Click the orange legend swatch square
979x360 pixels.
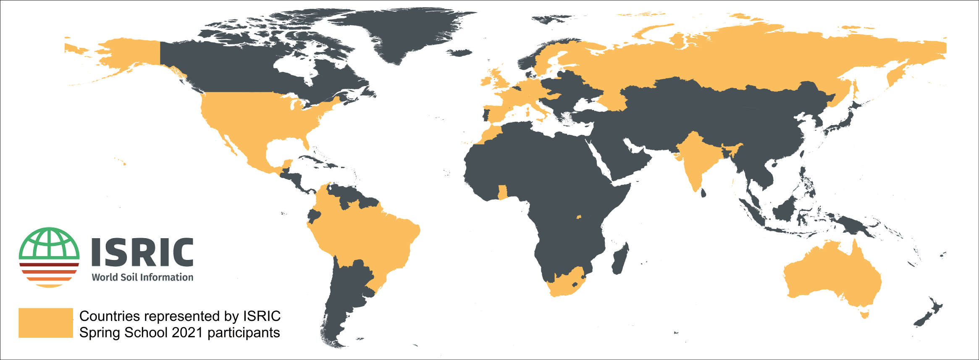[x=45, y=323]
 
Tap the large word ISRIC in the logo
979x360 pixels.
[x=142, y=252]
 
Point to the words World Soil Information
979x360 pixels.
[x=142, y=277]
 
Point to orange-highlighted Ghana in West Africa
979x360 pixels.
[x=502, y=192]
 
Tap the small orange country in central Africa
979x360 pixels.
[x=579, y=217]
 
